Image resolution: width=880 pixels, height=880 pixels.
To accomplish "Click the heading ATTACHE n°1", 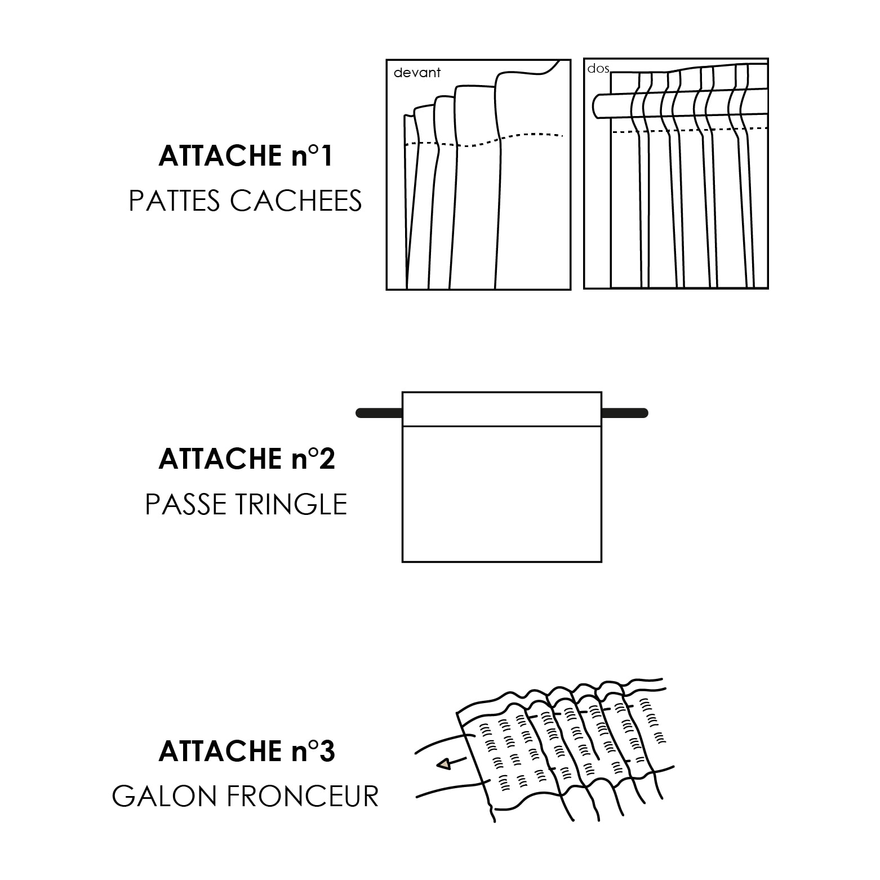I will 246,156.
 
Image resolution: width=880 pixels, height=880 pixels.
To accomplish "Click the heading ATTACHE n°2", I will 247,459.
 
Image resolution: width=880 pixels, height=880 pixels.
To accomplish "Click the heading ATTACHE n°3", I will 247,752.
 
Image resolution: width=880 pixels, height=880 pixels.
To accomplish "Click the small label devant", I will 417,73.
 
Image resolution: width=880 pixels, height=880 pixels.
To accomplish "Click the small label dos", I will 598,69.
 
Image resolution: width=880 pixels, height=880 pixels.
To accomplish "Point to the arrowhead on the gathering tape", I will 444,764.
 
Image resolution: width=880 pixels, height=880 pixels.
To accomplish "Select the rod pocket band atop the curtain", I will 501,410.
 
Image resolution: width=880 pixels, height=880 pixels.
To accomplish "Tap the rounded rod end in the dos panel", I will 599,106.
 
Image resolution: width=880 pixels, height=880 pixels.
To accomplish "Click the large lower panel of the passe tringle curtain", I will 501,494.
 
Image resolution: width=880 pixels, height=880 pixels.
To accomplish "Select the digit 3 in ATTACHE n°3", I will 327,752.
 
